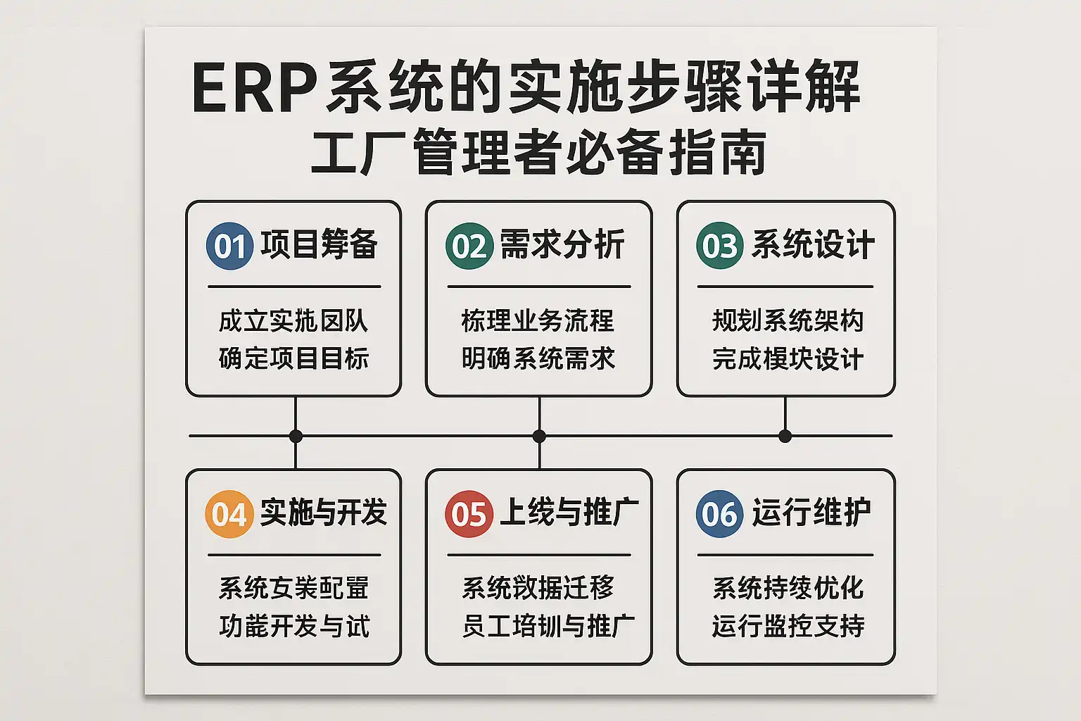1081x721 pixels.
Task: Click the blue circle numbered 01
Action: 229,246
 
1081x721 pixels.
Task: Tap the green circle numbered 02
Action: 469,246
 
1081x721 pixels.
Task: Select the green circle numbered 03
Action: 719,246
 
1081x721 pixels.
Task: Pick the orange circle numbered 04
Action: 229,514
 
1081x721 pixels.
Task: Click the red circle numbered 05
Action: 469,514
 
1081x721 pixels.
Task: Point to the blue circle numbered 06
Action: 719,514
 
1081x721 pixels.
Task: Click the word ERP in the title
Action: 254,89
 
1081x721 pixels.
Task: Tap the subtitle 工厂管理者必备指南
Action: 538,151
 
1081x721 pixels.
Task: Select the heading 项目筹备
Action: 319,245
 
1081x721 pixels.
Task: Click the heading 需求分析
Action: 562,245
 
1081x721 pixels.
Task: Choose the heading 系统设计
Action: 813,245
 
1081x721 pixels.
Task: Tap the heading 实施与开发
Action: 323,513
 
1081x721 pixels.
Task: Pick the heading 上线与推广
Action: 569,513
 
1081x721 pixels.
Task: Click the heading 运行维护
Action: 811,513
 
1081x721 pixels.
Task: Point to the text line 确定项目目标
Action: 293,358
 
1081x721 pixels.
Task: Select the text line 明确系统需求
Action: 538,358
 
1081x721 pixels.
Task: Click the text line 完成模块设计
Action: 788,358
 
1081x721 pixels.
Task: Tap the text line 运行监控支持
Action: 788,625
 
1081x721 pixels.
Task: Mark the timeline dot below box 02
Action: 539,436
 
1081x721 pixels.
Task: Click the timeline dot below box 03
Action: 785,436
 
